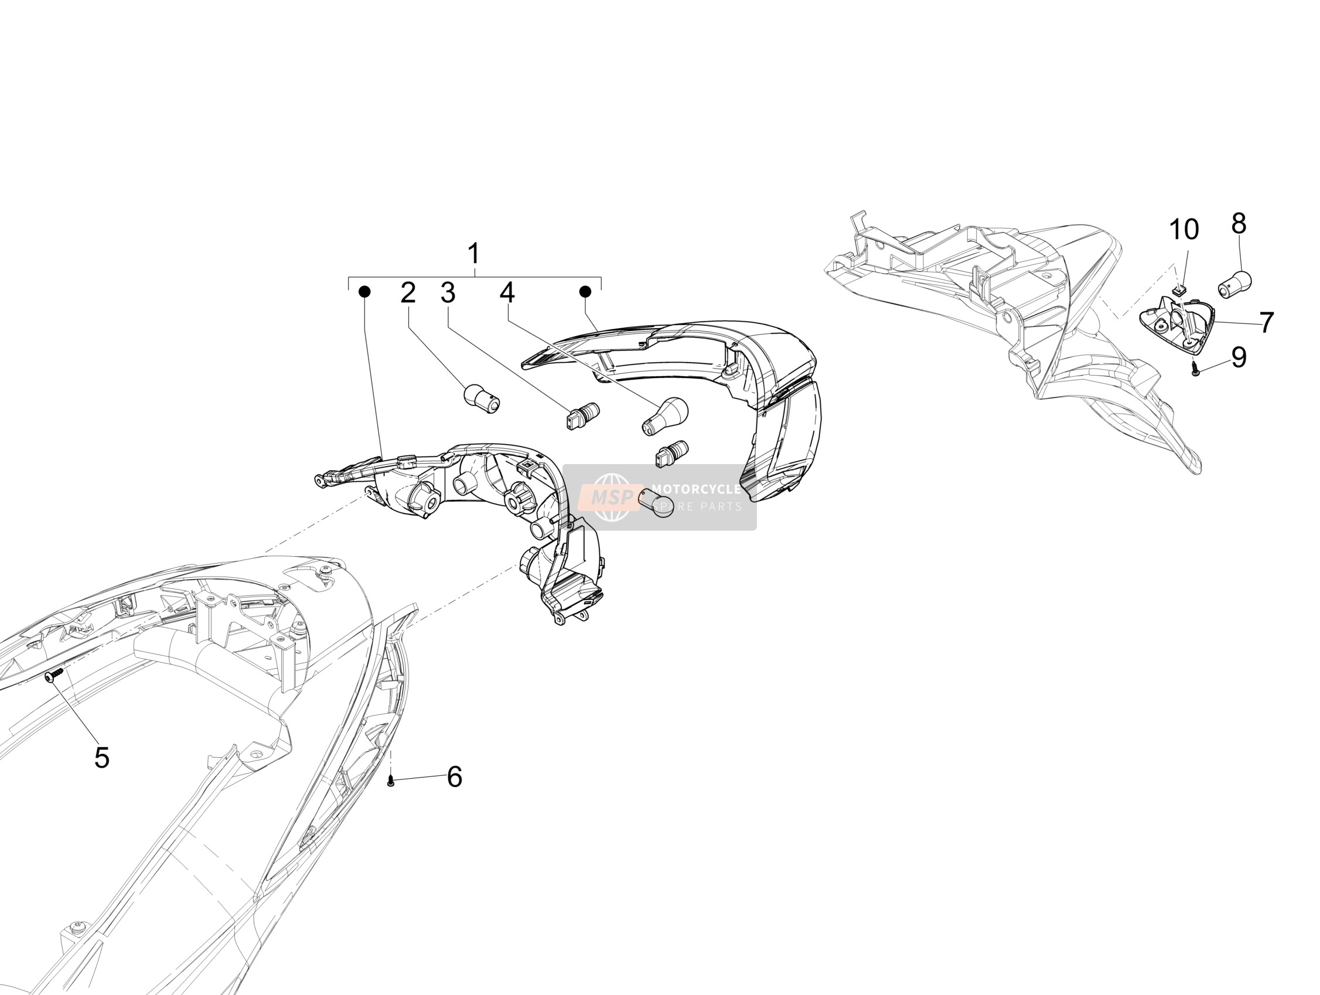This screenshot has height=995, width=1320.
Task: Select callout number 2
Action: click(x=408, y=293)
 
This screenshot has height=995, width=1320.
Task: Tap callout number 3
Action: click(x=448, y=293)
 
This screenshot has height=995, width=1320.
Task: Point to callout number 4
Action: click(x=507, y=292)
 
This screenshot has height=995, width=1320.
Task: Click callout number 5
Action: click(x=102, y=758)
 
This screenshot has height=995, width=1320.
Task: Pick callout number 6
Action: click(x=455, y=777)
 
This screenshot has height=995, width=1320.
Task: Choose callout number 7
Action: click(x=1267, y=323)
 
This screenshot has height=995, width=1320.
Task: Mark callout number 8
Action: click(x=1239, y=224)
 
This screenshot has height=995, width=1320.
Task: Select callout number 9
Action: click(x=1239, y=357)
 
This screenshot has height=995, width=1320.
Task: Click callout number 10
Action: click(x=1184, y=230)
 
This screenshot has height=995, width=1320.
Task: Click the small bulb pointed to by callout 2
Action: click(x=482, y=398)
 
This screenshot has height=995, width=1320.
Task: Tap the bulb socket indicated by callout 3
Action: click(x=582, y=415)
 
